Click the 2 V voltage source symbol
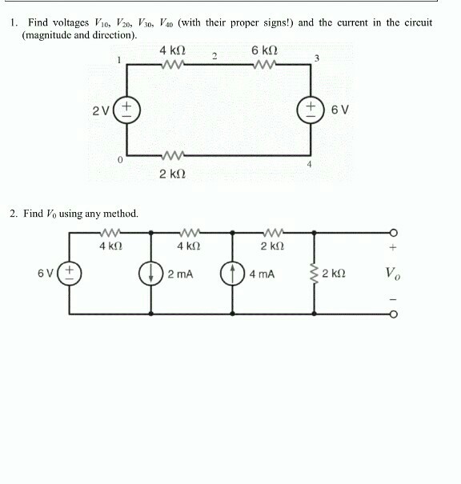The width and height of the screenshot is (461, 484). [x=128, y=110]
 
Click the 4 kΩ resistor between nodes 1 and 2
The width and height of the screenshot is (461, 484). [x=174, y=67]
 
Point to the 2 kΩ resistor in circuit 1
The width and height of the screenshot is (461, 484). [x=174, y=154]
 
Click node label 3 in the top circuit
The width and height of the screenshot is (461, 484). [x=317, y=58]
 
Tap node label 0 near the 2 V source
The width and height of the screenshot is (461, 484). [x=119, y=161]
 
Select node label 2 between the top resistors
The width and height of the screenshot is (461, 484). [x=214, y=55]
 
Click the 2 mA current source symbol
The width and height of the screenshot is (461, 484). [x=152, y=274]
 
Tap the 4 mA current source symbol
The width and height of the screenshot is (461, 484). [x=233, y=274]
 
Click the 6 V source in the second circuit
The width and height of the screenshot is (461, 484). [x=69, y=274]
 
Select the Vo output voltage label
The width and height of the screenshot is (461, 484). [x=392, y=274]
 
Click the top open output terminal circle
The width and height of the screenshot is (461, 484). [x=392, y=233]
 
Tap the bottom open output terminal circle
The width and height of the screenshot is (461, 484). [x=392, y=314]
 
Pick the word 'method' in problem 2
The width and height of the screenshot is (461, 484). [x=121, y=214]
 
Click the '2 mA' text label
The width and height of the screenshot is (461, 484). [x=180, y=274]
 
